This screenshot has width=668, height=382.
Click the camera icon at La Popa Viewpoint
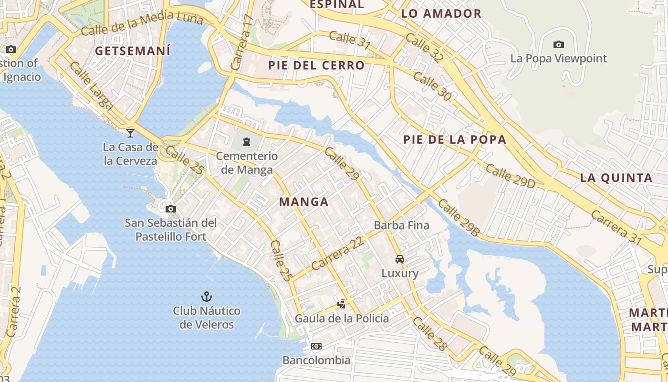(558, 45)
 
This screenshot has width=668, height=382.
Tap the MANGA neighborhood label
(304, 202)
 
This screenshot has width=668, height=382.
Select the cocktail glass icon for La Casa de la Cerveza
(130, 133)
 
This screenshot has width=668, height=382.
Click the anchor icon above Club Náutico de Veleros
(206, 297)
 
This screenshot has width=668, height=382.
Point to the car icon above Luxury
(400, 259)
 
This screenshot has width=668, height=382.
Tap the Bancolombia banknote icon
(316, 346)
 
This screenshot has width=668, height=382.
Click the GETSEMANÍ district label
(133, 51)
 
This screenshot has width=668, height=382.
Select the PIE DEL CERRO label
(316, 65)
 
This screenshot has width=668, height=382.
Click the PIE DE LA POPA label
(454, 140)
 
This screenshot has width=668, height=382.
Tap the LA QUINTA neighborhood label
(616, 178)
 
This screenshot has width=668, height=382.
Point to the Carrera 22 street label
(337, 254)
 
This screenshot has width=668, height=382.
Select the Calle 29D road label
(510, 175)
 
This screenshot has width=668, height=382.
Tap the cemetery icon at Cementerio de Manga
(247, 141)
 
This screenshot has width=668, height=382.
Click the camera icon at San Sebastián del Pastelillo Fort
(170, 209)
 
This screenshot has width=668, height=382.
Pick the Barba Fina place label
(401, 225)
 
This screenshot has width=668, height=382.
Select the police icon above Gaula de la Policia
(341, 304)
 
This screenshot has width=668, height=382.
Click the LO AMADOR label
(441, 14)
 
